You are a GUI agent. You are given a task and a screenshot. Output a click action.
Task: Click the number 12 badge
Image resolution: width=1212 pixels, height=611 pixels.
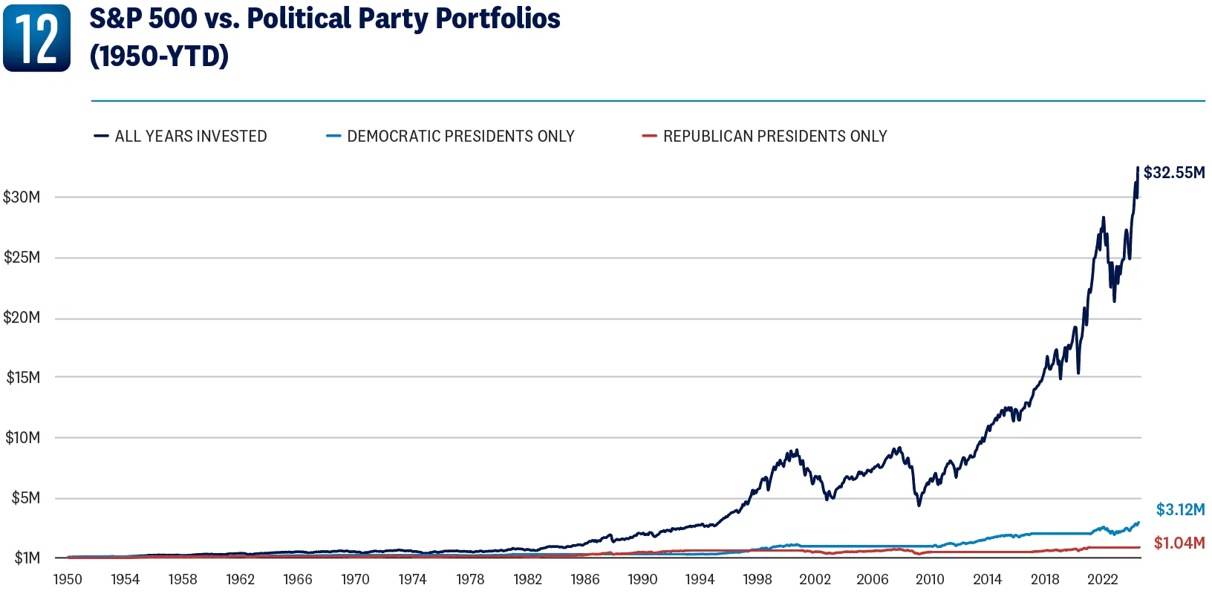tap(37, 38)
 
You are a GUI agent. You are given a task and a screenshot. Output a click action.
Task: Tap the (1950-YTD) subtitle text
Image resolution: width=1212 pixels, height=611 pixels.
tap(159, 56)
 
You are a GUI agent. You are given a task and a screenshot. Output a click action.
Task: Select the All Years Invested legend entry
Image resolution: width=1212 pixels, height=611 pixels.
tap(180, 137)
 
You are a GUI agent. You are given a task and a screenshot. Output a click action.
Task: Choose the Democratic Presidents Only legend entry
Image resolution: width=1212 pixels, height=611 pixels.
tap(450, 137)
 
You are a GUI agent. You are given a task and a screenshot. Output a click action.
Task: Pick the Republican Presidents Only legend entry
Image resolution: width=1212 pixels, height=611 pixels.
tap(764, 137)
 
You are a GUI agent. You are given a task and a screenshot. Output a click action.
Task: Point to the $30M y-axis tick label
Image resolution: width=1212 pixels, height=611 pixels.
tap(22, 197)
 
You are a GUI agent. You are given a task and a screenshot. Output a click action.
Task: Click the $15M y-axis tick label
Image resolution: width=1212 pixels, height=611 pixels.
tap(23, 377)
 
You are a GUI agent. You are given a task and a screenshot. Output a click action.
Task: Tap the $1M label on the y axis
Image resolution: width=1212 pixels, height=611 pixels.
tap(27, 558)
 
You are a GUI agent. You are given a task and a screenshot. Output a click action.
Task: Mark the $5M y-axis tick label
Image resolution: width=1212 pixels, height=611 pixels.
tap(25, 497)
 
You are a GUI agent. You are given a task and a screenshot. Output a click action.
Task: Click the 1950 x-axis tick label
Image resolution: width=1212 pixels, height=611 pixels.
tap(68, 580)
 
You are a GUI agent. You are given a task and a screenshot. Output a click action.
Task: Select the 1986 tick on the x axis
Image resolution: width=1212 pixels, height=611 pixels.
tap(585, 580)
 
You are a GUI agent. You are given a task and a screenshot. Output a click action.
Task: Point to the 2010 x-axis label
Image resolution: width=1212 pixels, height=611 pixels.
tap(930, 580)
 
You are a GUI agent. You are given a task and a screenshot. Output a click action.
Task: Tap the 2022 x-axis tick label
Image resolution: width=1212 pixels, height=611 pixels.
tap(1102, 580)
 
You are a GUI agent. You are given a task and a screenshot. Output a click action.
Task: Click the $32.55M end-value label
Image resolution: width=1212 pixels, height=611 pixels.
tap(1174, 173)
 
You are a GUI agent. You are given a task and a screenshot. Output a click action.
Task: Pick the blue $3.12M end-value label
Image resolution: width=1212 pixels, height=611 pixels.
tap(1181, 510)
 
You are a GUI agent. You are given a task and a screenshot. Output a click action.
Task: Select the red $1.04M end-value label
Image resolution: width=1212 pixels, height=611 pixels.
tap(1179, 543)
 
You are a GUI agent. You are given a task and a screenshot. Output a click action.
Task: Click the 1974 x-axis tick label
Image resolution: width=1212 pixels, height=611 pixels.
tap(412, 580)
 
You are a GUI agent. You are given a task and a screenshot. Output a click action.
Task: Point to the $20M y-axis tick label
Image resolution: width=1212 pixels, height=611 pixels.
tap(22, 318)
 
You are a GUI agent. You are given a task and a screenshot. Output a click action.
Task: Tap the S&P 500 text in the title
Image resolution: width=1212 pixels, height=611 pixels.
tap(143, 19)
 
